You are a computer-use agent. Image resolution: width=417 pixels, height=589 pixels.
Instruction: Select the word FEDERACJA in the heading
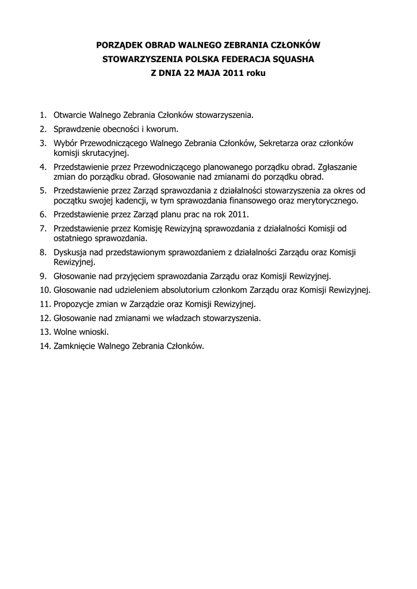[x=232, y=59]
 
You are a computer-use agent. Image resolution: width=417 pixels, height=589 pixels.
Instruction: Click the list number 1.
[x=43, y=115]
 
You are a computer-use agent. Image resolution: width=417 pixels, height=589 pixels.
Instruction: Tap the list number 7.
[x=43, y=228]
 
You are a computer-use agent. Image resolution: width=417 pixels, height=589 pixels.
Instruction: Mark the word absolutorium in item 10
[x=202, y=289]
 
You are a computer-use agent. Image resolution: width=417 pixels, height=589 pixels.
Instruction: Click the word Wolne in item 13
[x=65, y=332]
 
